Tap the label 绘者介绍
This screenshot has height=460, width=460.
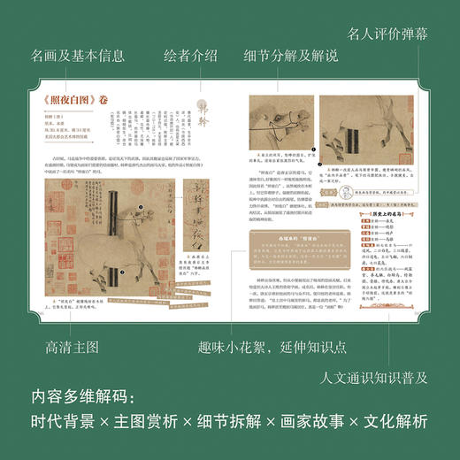pyautogui.click(x=190, y=57)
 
